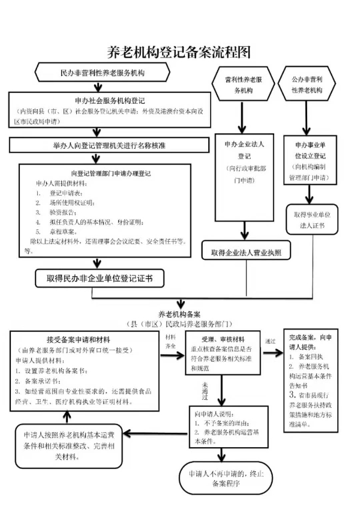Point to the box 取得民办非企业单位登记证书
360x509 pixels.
point(99,278)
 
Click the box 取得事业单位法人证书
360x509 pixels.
point(308,219)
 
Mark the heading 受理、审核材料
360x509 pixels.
point(220,339)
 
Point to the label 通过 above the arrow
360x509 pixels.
point(270,340)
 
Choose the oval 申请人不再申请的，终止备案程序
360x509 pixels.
point(221,478)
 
